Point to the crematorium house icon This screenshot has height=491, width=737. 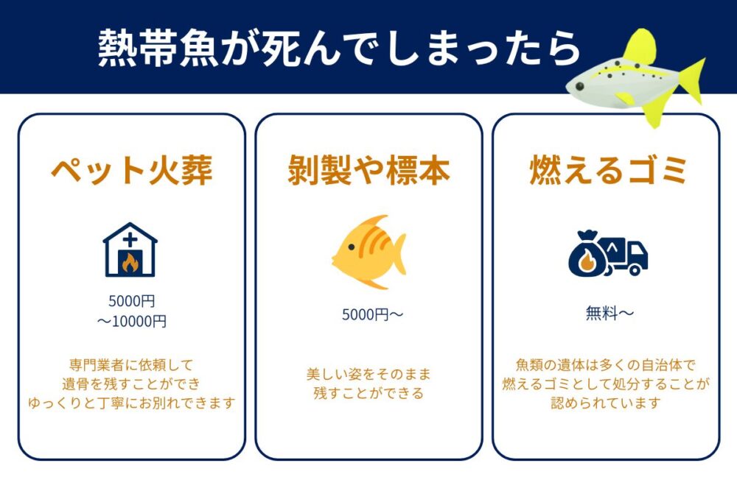[130, 250]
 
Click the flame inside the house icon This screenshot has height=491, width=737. [130, 262]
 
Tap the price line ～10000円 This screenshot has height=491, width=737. [131, 322]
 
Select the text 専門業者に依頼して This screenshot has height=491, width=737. [131, 364]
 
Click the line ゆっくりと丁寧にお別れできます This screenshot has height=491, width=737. [131, 403]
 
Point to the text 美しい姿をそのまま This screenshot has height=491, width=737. [368, 374]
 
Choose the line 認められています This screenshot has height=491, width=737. [605, 403]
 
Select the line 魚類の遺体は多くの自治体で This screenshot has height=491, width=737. [605, 364]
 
